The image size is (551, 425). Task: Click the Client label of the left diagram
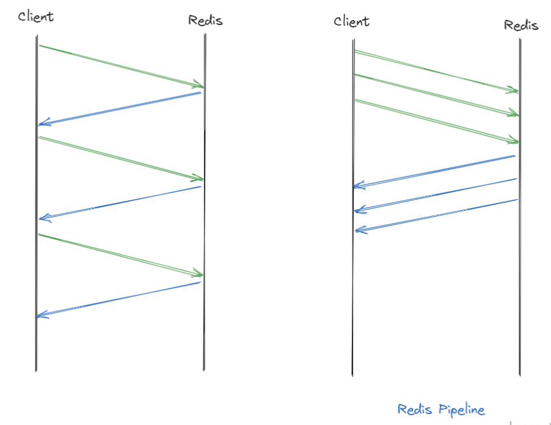point(36,16)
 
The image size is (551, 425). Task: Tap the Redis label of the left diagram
point(205,21)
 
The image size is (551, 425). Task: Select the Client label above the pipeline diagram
point(351,22)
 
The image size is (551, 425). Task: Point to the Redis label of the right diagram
point(520,25)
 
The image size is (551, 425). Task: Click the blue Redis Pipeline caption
point(441,410)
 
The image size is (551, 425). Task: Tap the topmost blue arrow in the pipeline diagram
point(434,171)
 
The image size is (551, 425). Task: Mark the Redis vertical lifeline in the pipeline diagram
point(520,304)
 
